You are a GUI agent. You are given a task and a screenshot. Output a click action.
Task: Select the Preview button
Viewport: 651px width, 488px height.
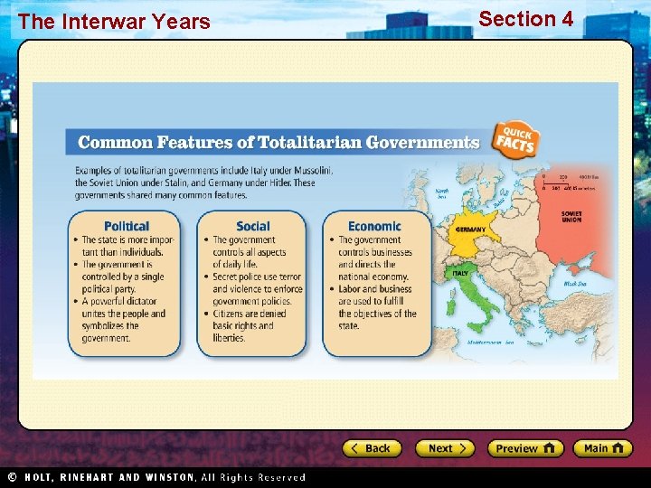(x=525, y=448)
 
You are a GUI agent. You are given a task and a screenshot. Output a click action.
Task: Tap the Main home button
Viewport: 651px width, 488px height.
(x=603, y=448)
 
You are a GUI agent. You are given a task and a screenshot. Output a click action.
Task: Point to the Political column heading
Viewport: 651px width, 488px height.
(x=127, y=226)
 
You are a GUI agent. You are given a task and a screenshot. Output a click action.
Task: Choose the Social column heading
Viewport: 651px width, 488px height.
(x=253, y=226)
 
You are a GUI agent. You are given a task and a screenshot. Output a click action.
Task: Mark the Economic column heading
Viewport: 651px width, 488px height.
(x=374, y=226)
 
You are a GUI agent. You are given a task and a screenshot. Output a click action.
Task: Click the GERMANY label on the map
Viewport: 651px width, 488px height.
(x=470, y=230)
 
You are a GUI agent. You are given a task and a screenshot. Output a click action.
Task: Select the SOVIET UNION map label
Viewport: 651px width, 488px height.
(x=571, y=217)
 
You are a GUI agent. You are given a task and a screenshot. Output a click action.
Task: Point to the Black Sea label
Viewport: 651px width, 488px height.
(x=576, y=283)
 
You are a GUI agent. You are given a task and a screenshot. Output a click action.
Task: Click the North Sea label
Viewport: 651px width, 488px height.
(x=441, y=193)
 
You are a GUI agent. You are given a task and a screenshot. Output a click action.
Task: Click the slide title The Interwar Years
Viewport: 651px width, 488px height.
(x=113, y=22)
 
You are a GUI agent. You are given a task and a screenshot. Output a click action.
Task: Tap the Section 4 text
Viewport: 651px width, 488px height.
(x=525, y=18)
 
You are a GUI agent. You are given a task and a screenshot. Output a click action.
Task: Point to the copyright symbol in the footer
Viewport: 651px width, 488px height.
(x=12, y=477)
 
